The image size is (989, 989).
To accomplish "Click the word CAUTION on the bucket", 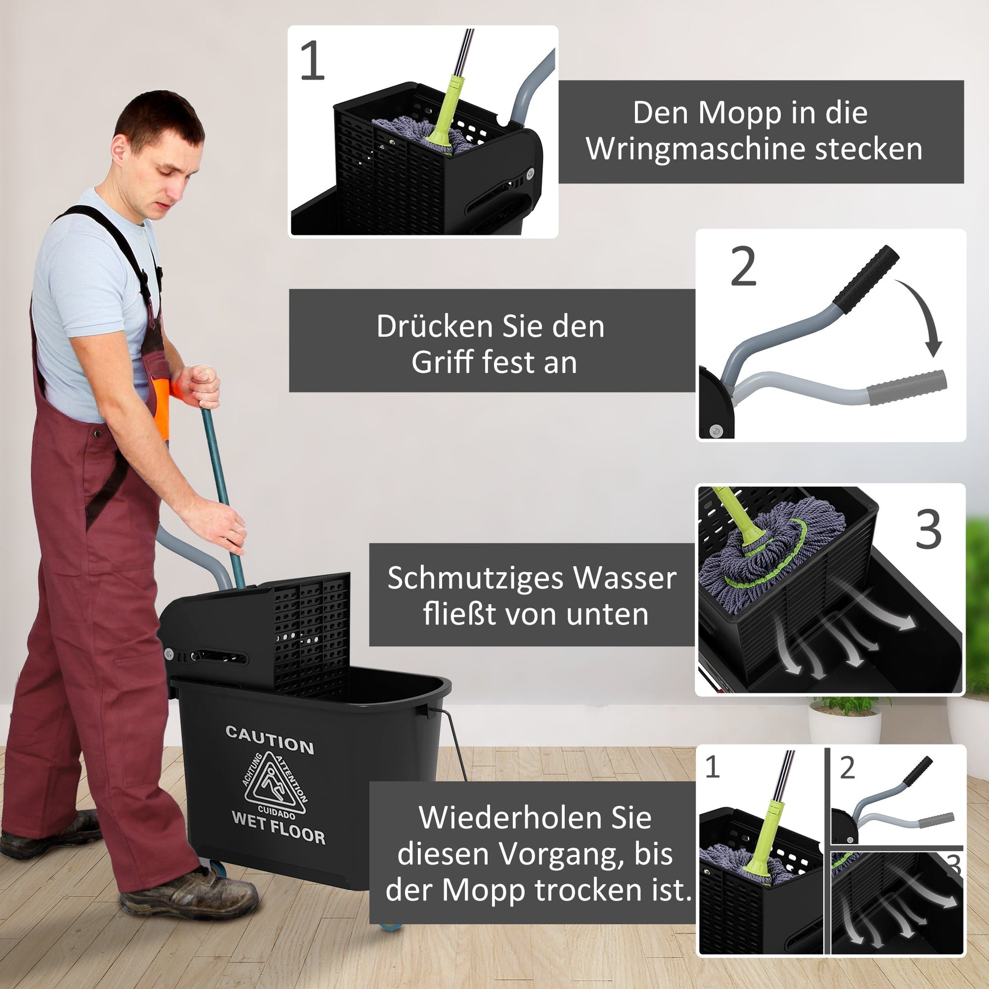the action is pyautogui.click(x=270, y=739).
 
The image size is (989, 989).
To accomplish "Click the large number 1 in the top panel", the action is pyautogui.click(x=312, y=60).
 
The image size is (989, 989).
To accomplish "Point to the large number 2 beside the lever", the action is pyautogui.click(x=744, y=266).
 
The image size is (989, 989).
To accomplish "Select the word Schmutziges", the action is pyautogui.click(x=476, y=579).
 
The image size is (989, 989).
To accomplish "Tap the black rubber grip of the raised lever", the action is pyautogui.click(x=865, y=281).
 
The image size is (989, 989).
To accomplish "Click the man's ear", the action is pyautogui.click(x=119, y=148).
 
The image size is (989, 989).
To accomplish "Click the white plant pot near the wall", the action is pyautogui.click(x=845, y=725).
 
